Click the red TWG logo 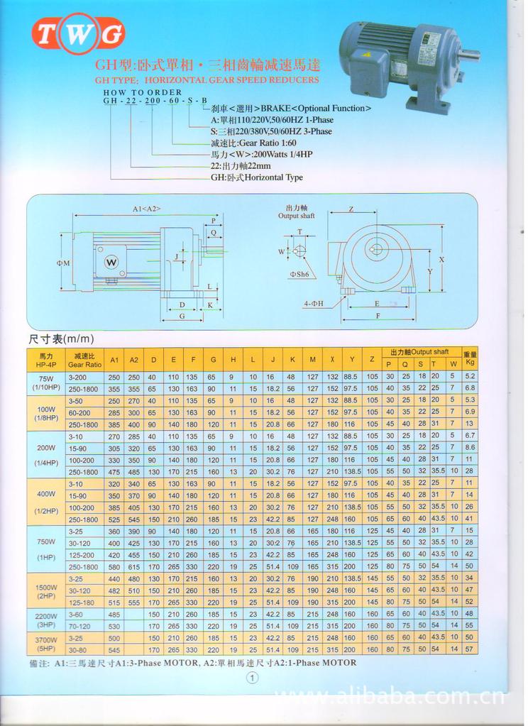coord(78,33)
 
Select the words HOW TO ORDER coord(142,92)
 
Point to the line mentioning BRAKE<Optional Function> coord(291,109)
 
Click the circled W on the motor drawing coord(111,262)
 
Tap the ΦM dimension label coord(63,263)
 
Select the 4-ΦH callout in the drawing coord(313,304)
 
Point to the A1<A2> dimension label coord(145,209)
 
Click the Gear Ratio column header coord(84,359)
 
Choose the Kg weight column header coord(469,359)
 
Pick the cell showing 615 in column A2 coord(134,566)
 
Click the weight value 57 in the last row coord(469,649)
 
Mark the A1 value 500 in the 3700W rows coord(114,638)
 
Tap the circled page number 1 coord(253,678)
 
